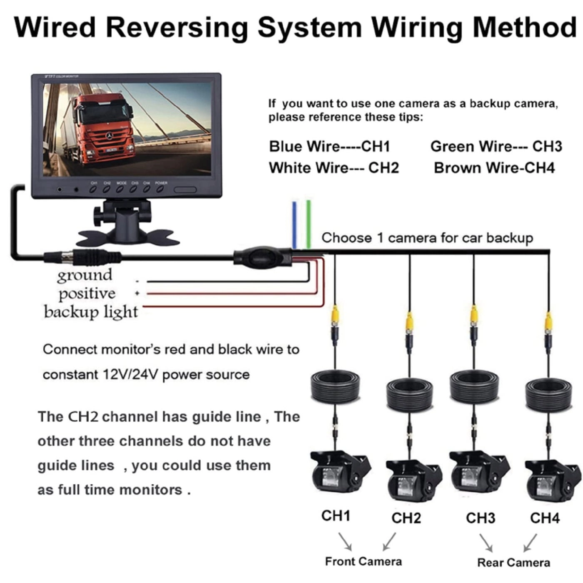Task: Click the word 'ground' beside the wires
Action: click(85, 275)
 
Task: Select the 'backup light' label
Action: click(90, 312)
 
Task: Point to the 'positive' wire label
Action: click(87, 294)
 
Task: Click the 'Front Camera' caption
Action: click(363, 561)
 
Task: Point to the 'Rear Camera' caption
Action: click(513, 563)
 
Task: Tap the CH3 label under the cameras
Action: click(480, 518)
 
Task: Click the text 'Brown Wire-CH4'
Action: click(494, 168)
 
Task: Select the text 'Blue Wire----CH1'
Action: click(329, 147)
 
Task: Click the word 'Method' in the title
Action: click(524, 27)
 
